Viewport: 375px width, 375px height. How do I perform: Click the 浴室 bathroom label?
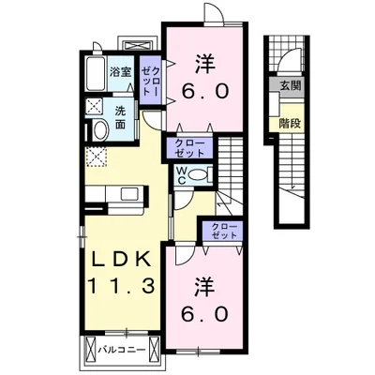tap(120, 72)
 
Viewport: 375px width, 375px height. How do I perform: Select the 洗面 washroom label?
tap(120, 116)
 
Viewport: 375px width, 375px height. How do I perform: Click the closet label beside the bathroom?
tap(150, 75)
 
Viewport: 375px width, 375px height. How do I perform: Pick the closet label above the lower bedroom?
tap(224, 231)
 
